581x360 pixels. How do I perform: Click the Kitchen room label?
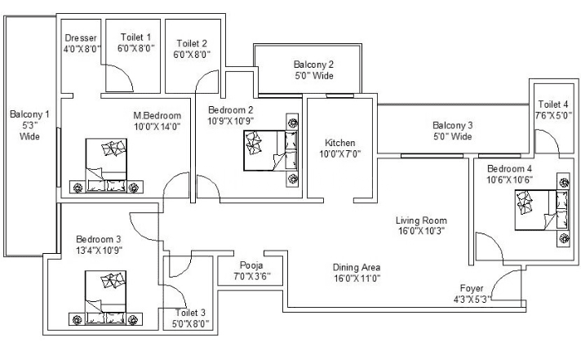click(339, 143)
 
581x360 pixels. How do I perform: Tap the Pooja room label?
click(251, 265)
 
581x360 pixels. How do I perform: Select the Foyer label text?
click(472, 288)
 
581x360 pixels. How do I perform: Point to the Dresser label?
click(81, 38)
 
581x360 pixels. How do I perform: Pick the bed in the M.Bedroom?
click(106, 166)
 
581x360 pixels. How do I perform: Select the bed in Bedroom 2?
click(271, 150)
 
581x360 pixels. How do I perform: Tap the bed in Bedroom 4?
click(542, 211)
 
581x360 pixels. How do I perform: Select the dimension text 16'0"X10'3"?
click(421, 231)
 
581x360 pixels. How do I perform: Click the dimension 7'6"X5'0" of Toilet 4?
click(553, 116)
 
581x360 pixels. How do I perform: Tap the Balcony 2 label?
click(313, 64)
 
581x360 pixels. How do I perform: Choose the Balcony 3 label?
click(452, 126)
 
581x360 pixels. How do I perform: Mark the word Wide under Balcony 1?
click(29, 136)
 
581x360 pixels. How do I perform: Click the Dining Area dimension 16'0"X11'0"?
click(357, 278)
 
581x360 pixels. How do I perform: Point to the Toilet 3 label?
click(190, 313)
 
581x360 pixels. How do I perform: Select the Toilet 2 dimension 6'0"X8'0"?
click(192, 55)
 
